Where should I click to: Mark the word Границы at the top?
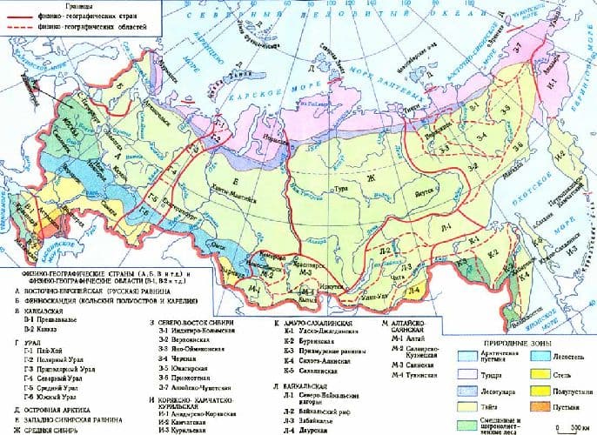(34, 7)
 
